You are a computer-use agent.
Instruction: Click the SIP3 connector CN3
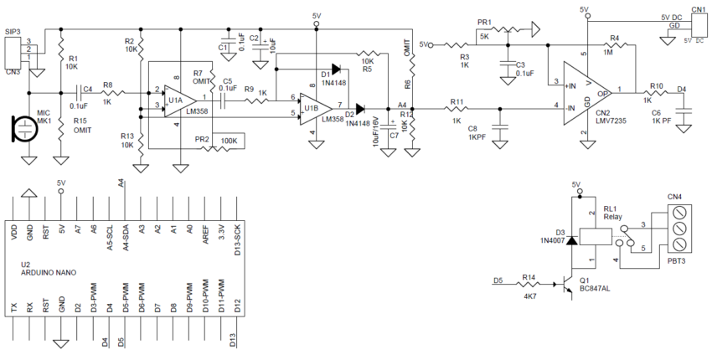click(11, 53)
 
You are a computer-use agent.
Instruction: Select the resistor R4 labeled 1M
click(615, 45)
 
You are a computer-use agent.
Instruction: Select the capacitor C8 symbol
click(500, 129)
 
